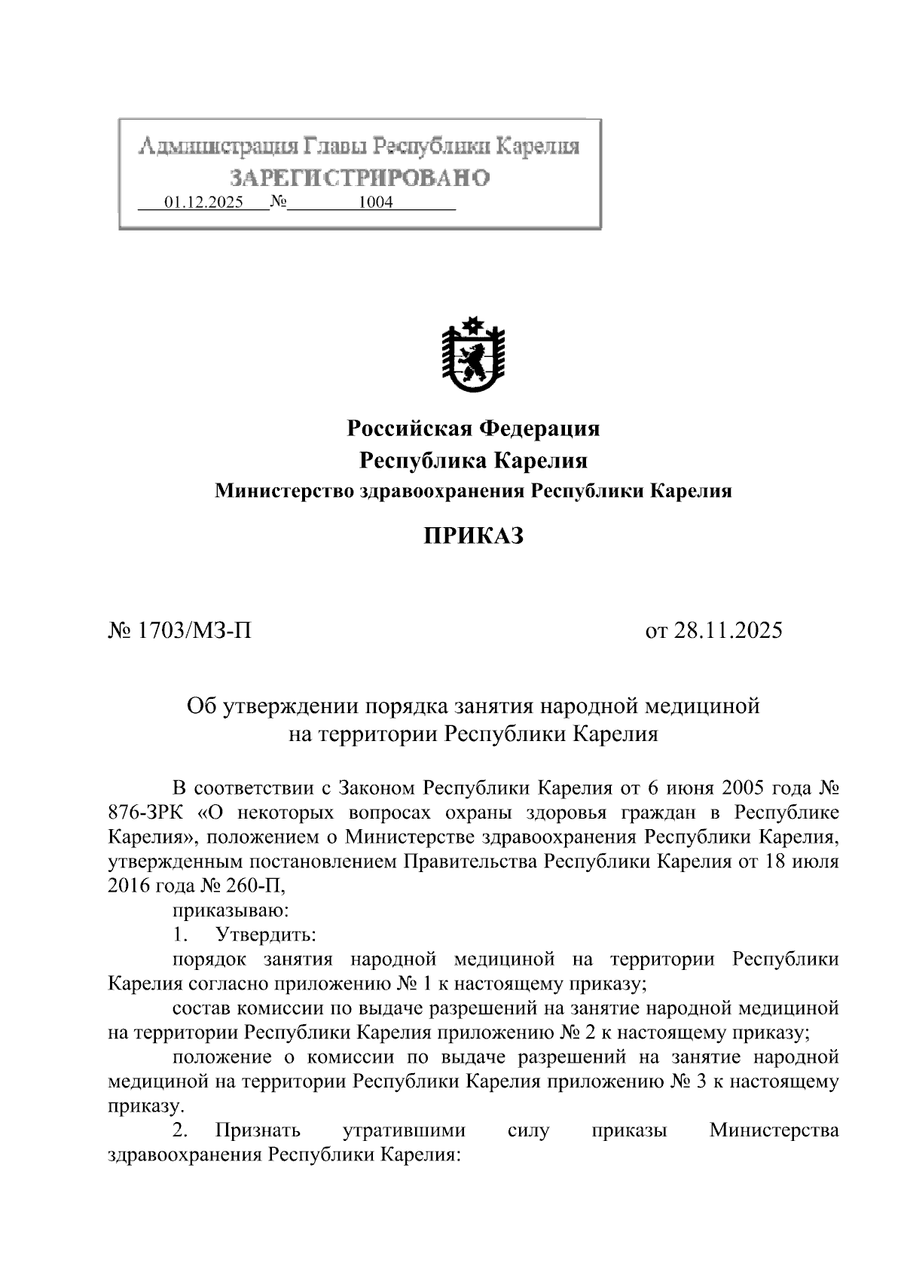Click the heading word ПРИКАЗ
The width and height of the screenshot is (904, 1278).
472,536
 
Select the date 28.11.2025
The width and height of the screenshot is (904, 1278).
728,630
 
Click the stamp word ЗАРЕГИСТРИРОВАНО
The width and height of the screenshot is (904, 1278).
359,178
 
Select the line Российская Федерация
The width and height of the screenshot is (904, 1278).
473,429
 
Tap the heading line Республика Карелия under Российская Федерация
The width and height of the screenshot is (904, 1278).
473,460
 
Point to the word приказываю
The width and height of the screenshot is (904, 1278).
230,910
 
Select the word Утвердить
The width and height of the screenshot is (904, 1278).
265,935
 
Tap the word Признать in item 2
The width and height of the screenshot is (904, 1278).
258,1130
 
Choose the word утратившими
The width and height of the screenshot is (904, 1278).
404,1130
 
